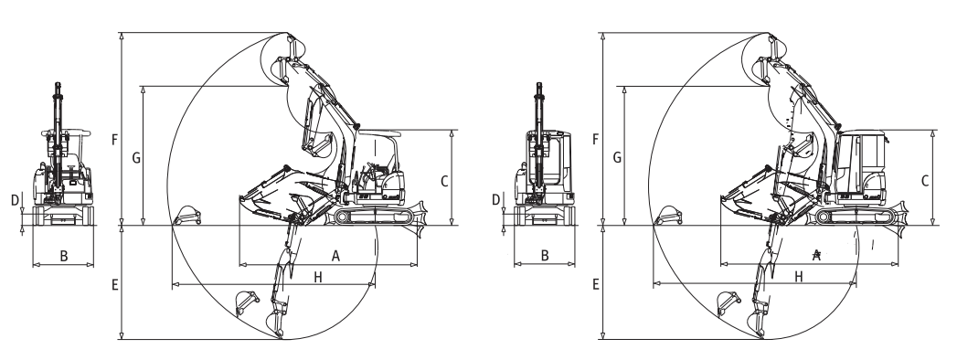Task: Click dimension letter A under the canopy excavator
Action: pos(335,256)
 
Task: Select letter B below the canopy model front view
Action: pos(63,256)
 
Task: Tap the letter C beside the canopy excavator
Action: pos(444,181)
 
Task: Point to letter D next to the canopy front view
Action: pos(15,200)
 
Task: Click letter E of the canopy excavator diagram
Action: pos(115,284)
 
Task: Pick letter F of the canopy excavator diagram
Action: pos(115,140)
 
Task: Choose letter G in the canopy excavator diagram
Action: pos(136,158)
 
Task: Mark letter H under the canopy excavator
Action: pos(317,278)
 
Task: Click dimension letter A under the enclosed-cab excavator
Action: pos(816,256)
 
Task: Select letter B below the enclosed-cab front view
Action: pos(545,256)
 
